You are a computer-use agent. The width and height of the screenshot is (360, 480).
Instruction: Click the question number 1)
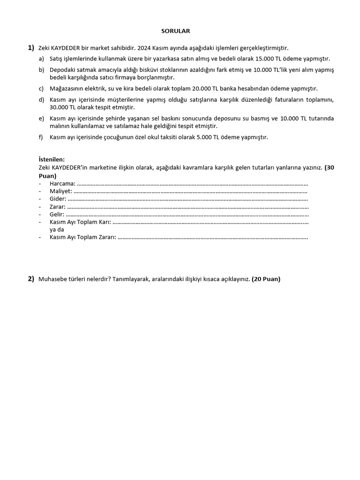(x=31, y=48)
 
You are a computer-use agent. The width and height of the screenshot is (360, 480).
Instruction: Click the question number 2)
(x=31, y=279)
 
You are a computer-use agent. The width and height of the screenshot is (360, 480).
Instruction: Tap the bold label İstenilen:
(x=52, y=159)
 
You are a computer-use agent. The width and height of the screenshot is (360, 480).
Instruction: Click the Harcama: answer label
(x=62, y=183)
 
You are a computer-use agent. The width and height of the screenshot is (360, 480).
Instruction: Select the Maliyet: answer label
(x=61, y=191)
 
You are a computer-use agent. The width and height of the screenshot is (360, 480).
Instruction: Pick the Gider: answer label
(x=58, y=199)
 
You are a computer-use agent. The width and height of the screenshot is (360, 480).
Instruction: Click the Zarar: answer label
(x=58, y=206)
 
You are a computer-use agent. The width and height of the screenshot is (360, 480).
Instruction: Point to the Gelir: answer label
(x=58, y=214)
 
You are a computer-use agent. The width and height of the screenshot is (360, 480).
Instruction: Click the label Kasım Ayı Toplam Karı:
(x=80, y=222)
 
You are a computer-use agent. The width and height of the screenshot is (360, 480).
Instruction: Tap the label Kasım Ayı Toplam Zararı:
(x=82, y=237)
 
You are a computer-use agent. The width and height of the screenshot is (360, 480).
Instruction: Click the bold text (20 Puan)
(x=266, y=279)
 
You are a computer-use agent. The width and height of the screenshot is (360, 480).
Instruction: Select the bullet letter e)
(x=41, y=119)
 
